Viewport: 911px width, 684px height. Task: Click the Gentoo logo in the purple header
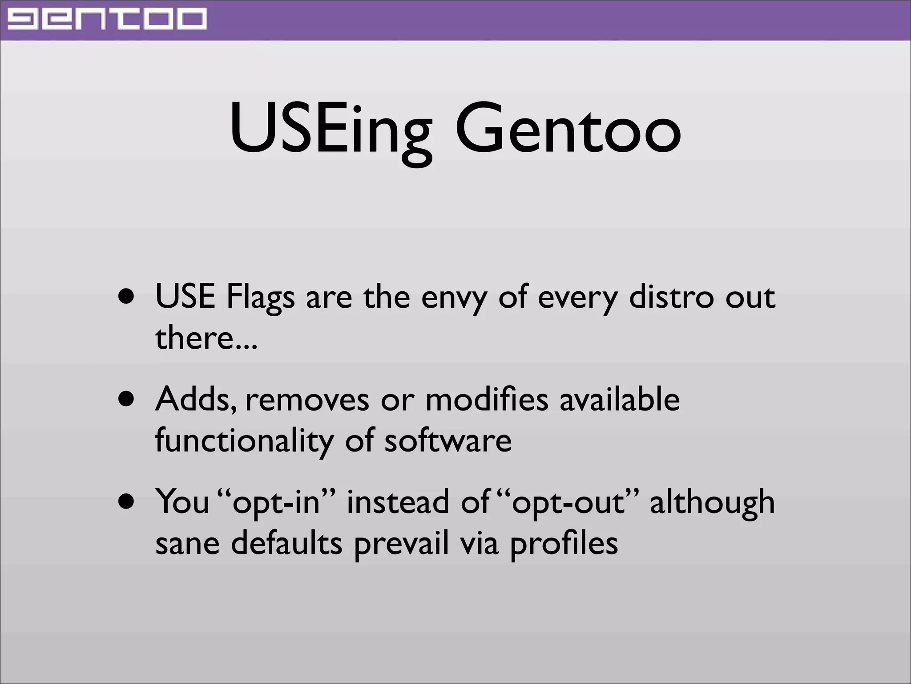(107, 20)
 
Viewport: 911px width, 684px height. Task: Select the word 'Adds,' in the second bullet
(196, 399)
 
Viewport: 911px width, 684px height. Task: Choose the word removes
(307, 399)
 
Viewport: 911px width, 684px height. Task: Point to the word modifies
(487, 399)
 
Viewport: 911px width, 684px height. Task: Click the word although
(712, 502)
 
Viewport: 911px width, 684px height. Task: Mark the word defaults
(286, 543)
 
